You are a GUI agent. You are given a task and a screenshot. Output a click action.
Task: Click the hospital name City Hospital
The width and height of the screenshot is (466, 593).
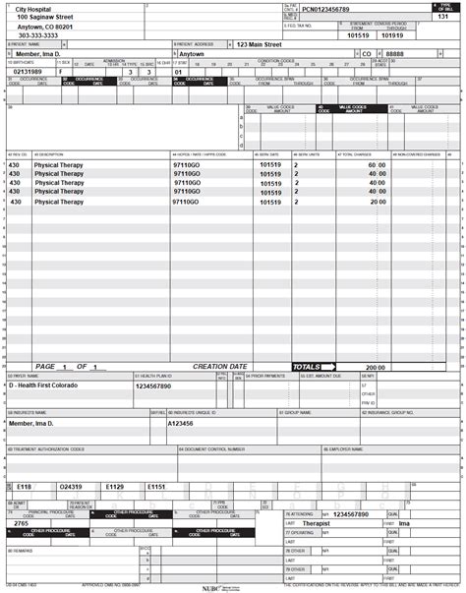(32, 8)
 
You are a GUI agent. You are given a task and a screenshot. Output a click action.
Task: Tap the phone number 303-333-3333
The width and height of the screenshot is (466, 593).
(38, 35)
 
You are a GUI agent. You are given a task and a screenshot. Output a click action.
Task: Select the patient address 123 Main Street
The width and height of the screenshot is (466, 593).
(263, 44)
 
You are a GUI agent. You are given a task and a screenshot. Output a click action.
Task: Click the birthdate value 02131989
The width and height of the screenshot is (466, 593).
(27, 72)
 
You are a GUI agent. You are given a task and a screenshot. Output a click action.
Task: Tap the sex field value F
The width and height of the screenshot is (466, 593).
(61, 72)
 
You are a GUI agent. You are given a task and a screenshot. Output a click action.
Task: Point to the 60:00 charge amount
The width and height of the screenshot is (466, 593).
(378, 165)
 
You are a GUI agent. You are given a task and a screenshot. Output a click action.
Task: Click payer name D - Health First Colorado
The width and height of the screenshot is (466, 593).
(49, 385)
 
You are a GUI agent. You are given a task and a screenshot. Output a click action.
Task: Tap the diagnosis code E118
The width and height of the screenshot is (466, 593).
(25, 487)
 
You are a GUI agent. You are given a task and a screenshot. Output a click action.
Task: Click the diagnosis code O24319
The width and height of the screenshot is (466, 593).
(71, 487)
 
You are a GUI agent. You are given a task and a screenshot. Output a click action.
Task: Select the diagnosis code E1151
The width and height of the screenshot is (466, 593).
(157, 487)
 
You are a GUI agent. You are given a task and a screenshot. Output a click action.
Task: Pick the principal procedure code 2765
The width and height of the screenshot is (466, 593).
(22, 524)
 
